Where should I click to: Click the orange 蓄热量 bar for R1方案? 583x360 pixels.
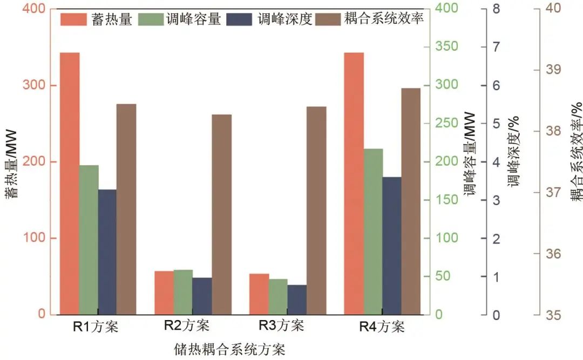click(70, 184)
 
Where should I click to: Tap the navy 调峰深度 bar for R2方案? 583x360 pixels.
click(202, 296)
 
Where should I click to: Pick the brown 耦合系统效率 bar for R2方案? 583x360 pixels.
click(221, 214)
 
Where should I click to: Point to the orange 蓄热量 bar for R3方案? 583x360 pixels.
click(259, 294)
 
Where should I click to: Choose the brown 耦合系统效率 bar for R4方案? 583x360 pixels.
click(410, 201)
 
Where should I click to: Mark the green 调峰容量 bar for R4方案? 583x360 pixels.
click(373, 232)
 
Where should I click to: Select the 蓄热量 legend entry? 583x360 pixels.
click(97, 19)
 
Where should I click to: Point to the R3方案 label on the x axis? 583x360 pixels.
click(281, 326)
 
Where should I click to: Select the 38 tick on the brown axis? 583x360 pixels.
click(551, 131)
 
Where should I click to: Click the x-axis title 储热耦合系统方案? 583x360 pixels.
click(229, 349)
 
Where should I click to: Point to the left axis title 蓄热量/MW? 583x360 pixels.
click(11, 162)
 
